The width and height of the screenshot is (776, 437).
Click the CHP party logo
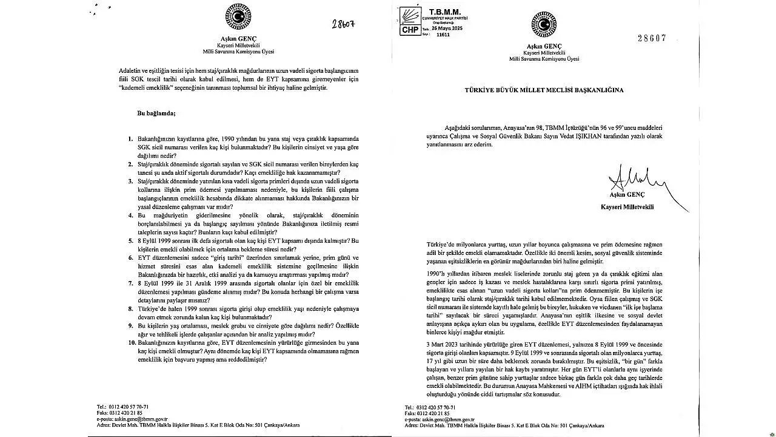[410, 22]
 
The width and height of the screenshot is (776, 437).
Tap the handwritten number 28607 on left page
[343, 24]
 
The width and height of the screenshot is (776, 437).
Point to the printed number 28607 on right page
[652, 38]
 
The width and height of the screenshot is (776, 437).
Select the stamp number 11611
[444, 35]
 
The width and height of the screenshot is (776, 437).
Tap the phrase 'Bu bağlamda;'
[156, 113]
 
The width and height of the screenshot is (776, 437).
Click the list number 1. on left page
[131, 139]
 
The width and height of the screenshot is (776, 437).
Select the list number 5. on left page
[131, 240]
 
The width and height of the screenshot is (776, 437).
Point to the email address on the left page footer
[132, 419]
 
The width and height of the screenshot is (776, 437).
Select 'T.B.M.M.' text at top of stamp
[444, 12]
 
